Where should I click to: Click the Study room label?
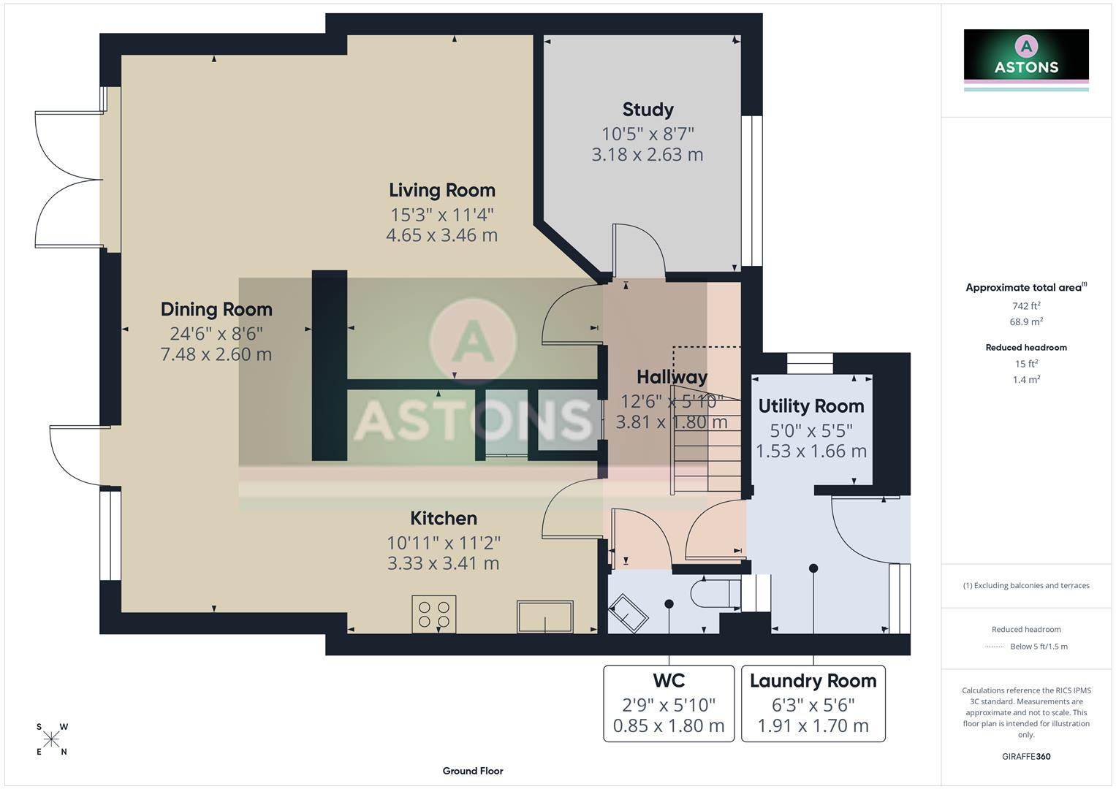[x=648, y=110]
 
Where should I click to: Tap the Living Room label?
[x=441, y=190]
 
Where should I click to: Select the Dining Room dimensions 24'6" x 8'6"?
[x=216, y=334]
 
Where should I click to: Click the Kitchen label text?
[x=443, y=519]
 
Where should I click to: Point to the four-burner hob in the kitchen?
[x=434, y=614]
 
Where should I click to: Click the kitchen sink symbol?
[x=545, y=617]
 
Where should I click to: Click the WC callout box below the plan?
[x=669, y=703]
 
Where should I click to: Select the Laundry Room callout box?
[x=813, y=703]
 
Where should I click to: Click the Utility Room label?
[x=811, y=406]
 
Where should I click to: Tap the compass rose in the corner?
[x=51, y=739]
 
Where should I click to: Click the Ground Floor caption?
[x=473, y=771]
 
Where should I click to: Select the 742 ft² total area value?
[x=1026, y=306]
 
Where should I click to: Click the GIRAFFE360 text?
[x=1026, y=756]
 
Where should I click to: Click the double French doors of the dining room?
[x=69, y=179]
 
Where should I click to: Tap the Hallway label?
[x=672, y=377]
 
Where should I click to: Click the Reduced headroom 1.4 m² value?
[x=1026, y=379]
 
